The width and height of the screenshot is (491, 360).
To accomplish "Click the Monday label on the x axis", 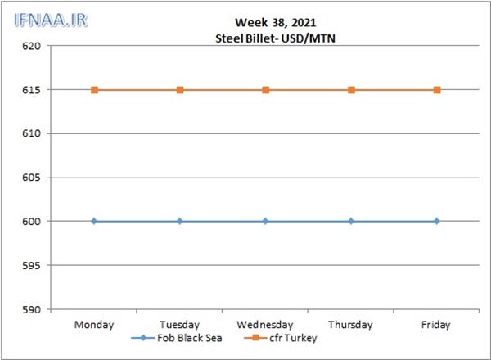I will [x=94, y=325].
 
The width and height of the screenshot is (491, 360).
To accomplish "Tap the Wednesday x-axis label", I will [x=265, y=325].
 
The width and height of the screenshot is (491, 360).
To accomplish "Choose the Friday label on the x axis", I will [x=436, y=325].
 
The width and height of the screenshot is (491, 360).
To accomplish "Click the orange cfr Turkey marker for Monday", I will [x=94, y=90].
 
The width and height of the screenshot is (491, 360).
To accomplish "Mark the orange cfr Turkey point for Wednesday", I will [x=265, y=90].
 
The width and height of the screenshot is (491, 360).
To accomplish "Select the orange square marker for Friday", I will [x=436, y=90].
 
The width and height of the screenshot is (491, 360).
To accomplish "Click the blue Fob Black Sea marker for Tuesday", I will [x=180, y=221].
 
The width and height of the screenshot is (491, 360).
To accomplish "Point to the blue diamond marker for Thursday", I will [x=351, y=221].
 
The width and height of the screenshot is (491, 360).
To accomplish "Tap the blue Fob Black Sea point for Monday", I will [x=94, y=221].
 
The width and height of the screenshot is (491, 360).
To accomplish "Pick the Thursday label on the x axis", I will [x=351, y=325].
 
